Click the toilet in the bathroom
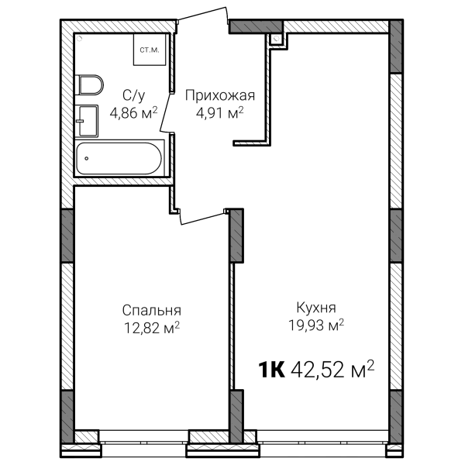pos(88,84)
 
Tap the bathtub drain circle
pos(86,158)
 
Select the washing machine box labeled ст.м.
pos(150,50)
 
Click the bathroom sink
pos(86,121)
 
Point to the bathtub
pos(119,158)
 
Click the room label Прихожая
pos(220,96)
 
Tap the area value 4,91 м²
pos(220,113)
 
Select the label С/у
pos(134,95)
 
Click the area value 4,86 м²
pos(133,112)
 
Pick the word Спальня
pos(152,311)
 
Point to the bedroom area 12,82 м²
pos(152,328)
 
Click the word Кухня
pos(316,308)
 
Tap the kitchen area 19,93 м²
pos(316,325)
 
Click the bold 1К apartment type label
pos(272,370)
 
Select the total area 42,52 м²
pos(332,369)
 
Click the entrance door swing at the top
pos(203,14)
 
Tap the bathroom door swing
pos(167,112)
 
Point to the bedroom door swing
pos(202,217)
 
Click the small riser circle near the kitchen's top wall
pos(277,38)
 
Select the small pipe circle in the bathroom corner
pos(81,38)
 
